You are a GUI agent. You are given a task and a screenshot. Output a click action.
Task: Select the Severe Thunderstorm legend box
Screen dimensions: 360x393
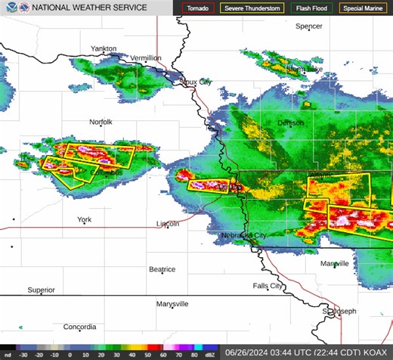click(x=252, y=8)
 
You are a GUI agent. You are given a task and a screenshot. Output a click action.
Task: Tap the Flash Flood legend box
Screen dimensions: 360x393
click(x=311, y=8)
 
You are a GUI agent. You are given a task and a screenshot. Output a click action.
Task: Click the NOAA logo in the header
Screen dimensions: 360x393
click(x=8, y=8)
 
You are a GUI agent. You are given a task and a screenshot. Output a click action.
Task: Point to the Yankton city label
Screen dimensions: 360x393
click(x=104, y=48)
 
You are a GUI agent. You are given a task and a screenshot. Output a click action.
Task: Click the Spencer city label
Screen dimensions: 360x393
click(x=308, y=26)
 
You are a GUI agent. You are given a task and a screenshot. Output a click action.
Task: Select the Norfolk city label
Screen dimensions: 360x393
click(x=101, y=122)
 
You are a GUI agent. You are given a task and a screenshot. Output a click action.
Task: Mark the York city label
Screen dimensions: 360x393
click(x=84, y=219)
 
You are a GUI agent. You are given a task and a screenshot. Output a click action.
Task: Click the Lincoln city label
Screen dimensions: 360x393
click(x=168, y=224)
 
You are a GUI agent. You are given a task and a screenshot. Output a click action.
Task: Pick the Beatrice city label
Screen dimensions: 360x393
click(x=162, y=269)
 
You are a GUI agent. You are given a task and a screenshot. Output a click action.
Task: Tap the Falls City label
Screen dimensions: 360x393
click(x=268, y=286)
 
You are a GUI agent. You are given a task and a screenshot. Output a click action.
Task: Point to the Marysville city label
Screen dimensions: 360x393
click(x=172, y=304)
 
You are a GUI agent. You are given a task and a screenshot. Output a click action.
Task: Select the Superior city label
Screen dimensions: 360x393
click(x=42, y=290)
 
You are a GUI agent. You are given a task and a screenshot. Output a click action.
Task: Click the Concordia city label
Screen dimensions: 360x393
click(x=80, y=327)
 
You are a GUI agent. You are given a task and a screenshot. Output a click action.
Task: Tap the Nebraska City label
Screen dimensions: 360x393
click(x=243, y=236)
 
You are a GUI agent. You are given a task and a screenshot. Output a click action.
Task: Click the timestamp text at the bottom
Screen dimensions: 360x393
click(x=308, y=352)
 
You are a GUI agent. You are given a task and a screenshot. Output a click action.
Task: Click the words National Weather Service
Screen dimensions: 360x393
click(x=89, y=8)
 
